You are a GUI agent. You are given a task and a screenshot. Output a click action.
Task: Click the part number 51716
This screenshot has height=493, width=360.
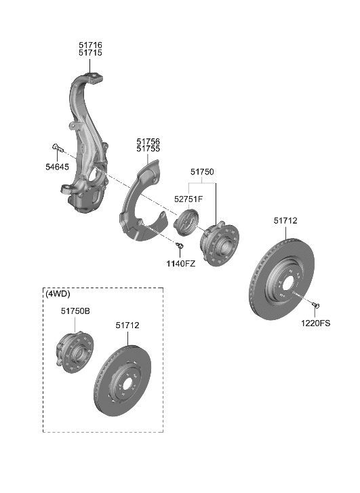point(90,45)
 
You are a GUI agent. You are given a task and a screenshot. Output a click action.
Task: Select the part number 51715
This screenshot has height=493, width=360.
point(90,53)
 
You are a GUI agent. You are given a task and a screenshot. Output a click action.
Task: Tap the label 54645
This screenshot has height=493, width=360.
point(57,167)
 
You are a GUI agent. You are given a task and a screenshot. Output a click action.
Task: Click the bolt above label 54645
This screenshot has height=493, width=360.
point(57,147)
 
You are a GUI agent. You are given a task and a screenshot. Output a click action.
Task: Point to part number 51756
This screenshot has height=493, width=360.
point(148,140)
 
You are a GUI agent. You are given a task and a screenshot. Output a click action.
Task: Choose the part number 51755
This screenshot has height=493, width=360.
point(148,149)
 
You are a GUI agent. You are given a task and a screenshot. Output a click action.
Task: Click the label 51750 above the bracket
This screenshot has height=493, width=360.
point(202,172)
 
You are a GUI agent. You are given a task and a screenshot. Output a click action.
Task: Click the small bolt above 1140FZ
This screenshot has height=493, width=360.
point(180,245)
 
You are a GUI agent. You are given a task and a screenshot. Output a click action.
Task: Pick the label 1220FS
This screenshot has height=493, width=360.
point(316,323)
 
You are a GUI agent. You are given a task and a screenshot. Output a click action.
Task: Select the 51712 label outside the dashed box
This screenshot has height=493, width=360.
point(285,220)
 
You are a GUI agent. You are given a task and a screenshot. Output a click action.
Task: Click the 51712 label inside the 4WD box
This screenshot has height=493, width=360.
point(127,326)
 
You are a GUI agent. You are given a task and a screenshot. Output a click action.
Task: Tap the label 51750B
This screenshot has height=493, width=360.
point(75,311)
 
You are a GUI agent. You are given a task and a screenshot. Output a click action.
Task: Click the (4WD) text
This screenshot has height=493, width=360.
point(59,294)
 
